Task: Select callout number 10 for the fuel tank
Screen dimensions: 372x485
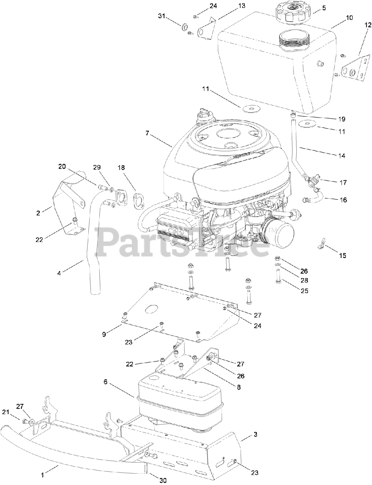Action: point(349,18)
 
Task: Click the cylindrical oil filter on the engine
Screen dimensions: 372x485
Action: point(279,235)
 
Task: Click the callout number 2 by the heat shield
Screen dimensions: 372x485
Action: point(38,213)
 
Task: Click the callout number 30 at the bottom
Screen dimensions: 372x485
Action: point(163,480)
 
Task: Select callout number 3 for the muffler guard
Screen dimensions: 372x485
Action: point(255,434)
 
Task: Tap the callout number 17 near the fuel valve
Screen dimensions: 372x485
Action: point(343,183)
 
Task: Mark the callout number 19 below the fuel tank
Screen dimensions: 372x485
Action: point(342,119)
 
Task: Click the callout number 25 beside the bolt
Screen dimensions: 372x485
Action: point(304,291)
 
